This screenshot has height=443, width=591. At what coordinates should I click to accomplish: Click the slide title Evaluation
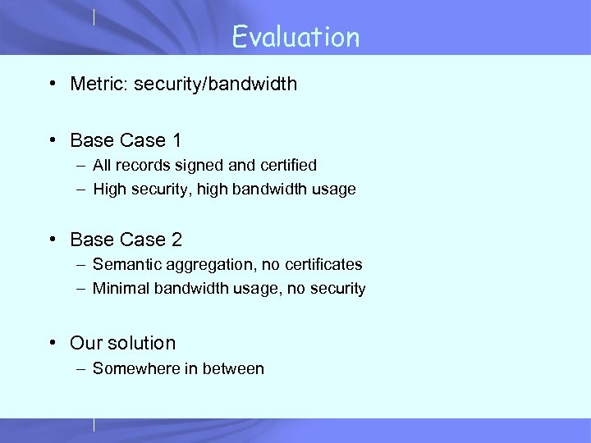[x=295, y=37]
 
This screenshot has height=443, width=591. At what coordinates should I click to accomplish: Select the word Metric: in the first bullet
[x=97, y=84]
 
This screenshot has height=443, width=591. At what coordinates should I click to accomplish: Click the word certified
[x=286, y=165]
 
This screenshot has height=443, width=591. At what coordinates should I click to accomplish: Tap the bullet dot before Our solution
[x=53, y=343]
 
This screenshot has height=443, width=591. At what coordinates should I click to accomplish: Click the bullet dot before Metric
[x=53, y=84]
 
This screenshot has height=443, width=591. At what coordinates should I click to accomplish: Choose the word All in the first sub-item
[x=102, y=165]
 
